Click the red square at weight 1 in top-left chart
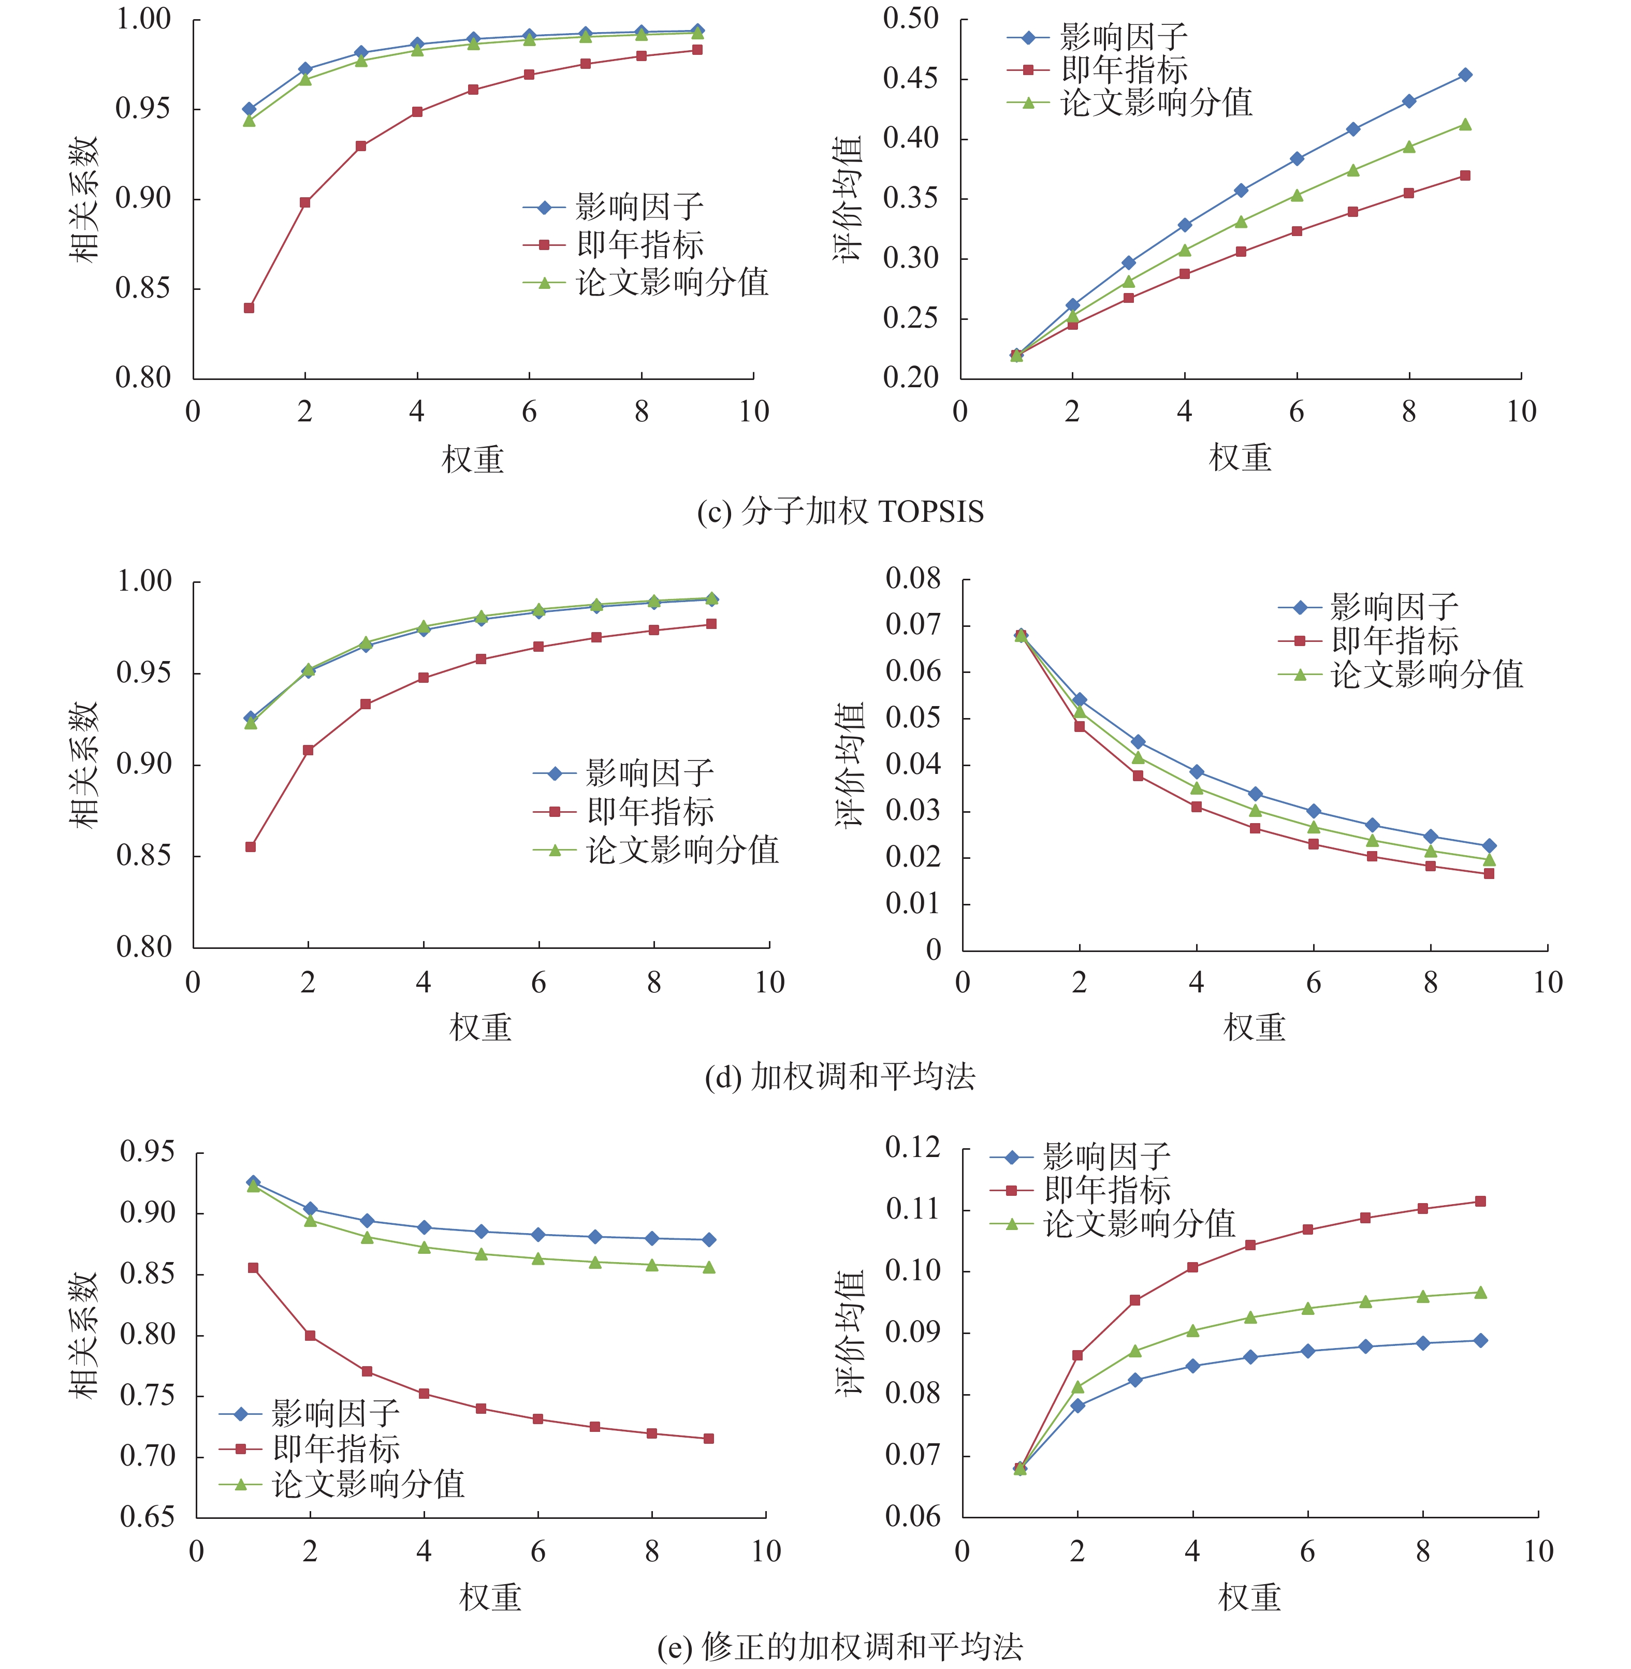click(x=249, y=308)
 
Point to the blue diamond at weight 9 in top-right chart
click(x=1465, y=75)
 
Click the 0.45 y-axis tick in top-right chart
click(x=911, y=79)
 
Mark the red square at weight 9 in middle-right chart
click(x=1489, y=873)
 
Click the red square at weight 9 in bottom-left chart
click(x=708, y=1439)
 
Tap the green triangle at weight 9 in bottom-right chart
click(x=1480, y=1292)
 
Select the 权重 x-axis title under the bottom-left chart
click(x=490, y=1596)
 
